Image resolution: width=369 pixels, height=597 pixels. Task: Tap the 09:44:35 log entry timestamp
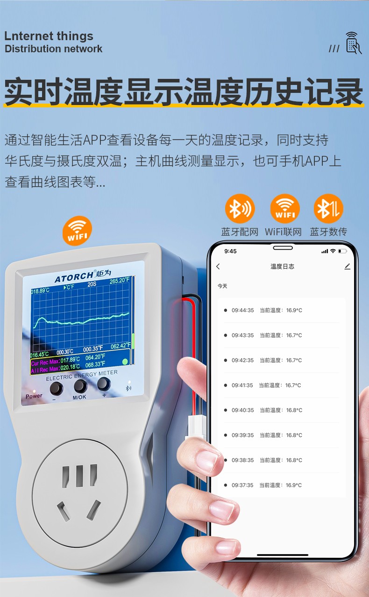click(242, 310)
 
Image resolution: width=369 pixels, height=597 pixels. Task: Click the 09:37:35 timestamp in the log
click(242, 485)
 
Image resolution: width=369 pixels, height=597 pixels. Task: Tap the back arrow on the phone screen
click(218, 267)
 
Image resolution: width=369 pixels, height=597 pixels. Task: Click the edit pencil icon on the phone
click(347, 267)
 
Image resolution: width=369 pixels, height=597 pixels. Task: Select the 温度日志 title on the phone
click(282, 267)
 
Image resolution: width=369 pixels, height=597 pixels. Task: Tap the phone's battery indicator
click(342, 251)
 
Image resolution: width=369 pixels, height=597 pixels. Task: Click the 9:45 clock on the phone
click(230, 251)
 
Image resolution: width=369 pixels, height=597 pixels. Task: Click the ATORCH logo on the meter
click(74, 277)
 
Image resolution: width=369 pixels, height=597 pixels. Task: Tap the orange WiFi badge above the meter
click(78, 231)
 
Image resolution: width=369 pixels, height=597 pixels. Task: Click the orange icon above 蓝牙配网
click(240, 209)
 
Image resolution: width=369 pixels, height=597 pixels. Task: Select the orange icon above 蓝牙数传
click(328, 209)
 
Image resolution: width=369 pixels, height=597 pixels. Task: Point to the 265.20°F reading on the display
click(120, 281)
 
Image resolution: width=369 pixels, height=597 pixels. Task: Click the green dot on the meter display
click(125, 362)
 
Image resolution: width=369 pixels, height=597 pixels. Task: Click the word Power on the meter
click(34, 396)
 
